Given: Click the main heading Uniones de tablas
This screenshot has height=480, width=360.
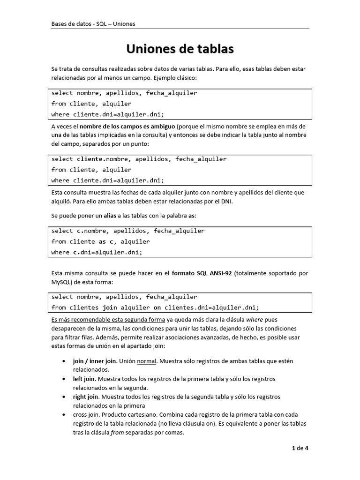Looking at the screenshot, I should [180, 49].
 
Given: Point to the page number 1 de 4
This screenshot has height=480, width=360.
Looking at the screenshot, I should [300, 448].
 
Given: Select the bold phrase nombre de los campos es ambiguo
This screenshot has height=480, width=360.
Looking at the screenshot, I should [127, 127].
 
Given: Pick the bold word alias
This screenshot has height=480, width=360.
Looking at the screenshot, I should [110, 216].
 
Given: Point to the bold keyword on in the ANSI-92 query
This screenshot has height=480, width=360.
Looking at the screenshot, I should [157, 308].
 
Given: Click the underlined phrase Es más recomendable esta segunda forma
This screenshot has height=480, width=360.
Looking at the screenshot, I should [108, 320].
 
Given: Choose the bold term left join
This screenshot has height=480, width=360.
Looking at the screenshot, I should [84, 379].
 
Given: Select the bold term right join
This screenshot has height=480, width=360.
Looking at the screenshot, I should [85, 397].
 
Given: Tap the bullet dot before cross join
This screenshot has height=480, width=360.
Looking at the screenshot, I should [64, 415].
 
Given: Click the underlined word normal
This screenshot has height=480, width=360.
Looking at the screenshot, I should [146, 361].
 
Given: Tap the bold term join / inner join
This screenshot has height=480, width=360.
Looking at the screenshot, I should [94, 361].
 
